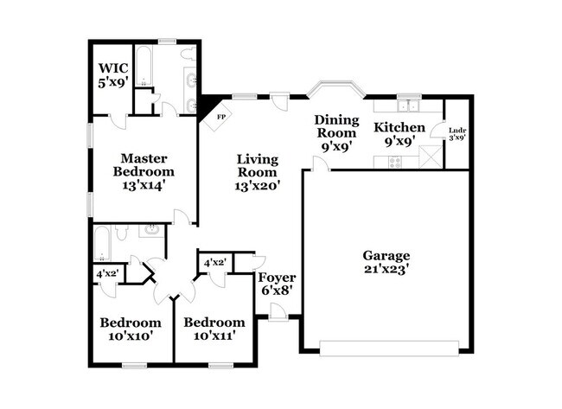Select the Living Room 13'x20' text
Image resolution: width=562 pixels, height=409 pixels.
(x=257, y=170)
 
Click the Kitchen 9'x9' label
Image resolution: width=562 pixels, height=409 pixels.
(x=399, y=134)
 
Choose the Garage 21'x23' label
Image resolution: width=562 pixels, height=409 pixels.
(x=386, y=262)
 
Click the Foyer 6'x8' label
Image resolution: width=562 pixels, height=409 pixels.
(x=277, y=284)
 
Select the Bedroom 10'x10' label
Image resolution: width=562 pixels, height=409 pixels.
(x=130, y=329)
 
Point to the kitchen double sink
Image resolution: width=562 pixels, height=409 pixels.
(x=408, y=106)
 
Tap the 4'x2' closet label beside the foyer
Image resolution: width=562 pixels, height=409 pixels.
(x=214, y=263)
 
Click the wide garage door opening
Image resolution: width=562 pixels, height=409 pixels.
(x=388, y=348)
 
